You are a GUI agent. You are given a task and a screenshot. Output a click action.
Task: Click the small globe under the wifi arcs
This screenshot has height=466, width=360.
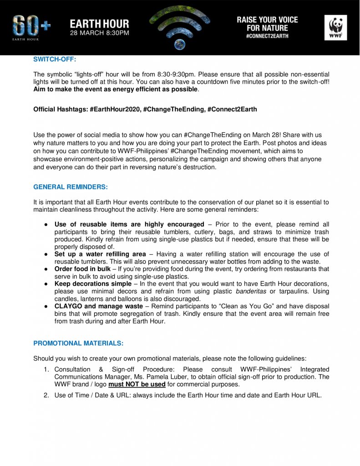point(179,44)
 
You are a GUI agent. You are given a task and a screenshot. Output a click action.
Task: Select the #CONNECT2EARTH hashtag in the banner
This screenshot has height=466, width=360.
point(267,36)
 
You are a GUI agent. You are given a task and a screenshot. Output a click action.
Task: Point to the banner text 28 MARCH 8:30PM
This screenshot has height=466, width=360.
point(99,33)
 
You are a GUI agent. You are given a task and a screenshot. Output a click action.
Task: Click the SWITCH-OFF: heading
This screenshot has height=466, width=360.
point(51,59)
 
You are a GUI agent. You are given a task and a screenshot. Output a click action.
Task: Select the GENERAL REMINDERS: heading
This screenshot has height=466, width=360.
point(71,187)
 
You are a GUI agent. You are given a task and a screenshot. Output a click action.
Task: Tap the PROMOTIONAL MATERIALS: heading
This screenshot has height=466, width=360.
point(78,343)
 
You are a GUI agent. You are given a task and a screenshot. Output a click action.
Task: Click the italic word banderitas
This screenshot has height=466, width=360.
point(251,292)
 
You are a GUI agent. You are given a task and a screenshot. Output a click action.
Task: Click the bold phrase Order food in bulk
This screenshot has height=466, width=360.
point(84,269)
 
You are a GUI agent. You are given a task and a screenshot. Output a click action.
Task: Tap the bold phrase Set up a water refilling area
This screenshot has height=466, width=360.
point(100,254)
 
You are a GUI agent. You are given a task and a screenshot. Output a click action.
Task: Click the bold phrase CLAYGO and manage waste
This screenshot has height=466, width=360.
point(99,306)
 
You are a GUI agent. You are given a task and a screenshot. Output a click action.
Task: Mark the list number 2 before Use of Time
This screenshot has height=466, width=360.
point(46,395)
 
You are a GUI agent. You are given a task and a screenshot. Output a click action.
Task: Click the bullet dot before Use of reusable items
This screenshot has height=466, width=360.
point(46,224)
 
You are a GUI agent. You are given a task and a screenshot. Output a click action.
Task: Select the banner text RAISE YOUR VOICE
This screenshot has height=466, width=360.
point(267,20)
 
